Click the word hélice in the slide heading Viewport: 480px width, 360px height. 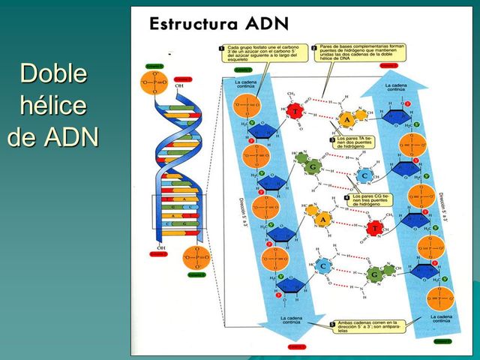[52, 106]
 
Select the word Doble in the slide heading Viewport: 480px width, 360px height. [53, 74]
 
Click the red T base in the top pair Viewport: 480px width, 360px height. [296, 112]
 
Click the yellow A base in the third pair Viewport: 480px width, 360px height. [322, 219]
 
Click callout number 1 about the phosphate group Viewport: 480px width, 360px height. [222, 49]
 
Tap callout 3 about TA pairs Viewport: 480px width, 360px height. [331, 139]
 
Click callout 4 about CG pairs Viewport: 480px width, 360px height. [346, 197]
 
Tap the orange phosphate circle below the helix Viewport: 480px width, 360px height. [196, 257]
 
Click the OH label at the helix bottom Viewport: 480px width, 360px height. [160, 247]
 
